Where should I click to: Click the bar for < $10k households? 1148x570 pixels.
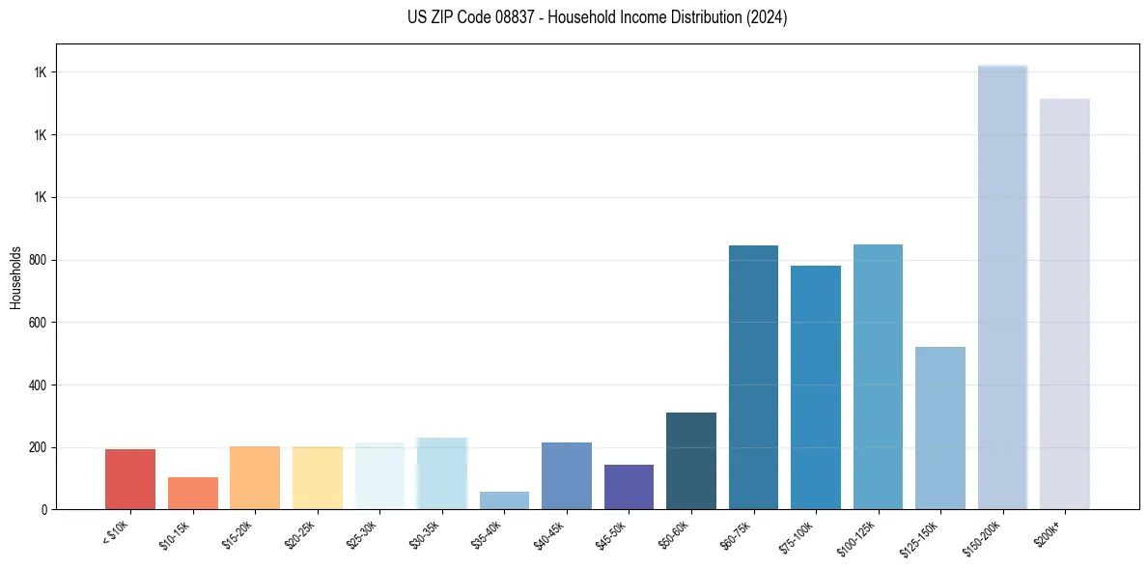point(130,479)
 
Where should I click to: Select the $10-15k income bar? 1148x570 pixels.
point(193,493)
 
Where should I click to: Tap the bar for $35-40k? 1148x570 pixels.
point(504,500)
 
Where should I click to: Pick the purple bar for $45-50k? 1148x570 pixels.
point(629,487)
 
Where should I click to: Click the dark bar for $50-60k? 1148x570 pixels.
point(691,461)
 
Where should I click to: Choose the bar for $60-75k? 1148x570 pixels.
point(753,377)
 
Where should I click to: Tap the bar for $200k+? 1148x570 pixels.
point(1065,303)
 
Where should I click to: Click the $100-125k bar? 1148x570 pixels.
point(878,377)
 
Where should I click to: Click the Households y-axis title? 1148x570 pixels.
point(15,277)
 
